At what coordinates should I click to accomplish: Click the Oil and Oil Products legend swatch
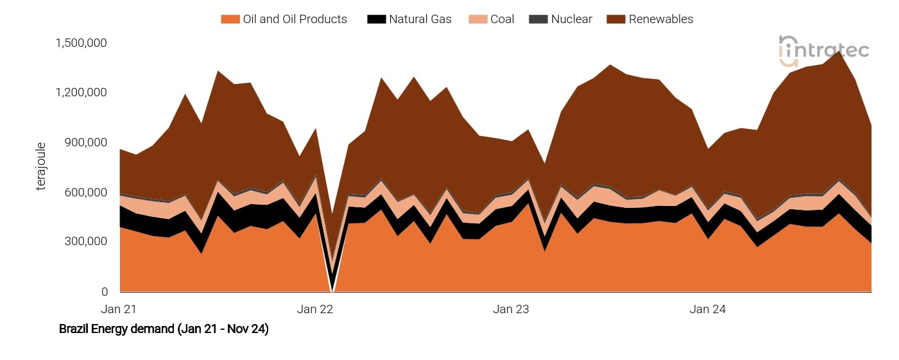coord(230,19)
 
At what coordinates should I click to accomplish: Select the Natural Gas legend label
coord(420,19)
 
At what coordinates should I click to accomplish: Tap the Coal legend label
coord(502,19)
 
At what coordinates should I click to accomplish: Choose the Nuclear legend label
coord(572,19)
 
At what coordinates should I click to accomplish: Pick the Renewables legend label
coord(661,19)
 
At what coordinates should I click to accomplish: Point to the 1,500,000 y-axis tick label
coord(81,43)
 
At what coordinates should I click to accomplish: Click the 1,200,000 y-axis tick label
coord(81,92)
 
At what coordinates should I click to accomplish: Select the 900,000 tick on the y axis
coord(85,142)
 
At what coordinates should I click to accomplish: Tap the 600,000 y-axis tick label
coord(85,193)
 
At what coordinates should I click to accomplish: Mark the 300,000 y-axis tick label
coord(85,242)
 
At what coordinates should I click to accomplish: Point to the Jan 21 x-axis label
coord(119,309)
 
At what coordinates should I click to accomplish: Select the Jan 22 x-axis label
coord(315,309)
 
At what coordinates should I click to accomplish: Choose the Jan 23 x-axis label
coord(511,309)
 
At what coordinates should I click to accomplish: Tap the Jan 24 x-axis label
coord(708,309)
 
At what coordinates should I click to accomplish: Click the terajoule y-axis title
coord(42,167)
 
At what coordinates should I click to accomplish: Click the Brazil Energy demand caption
coord(164,329)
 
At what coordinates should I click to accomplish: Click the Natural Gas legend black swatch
coord(376,19)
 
